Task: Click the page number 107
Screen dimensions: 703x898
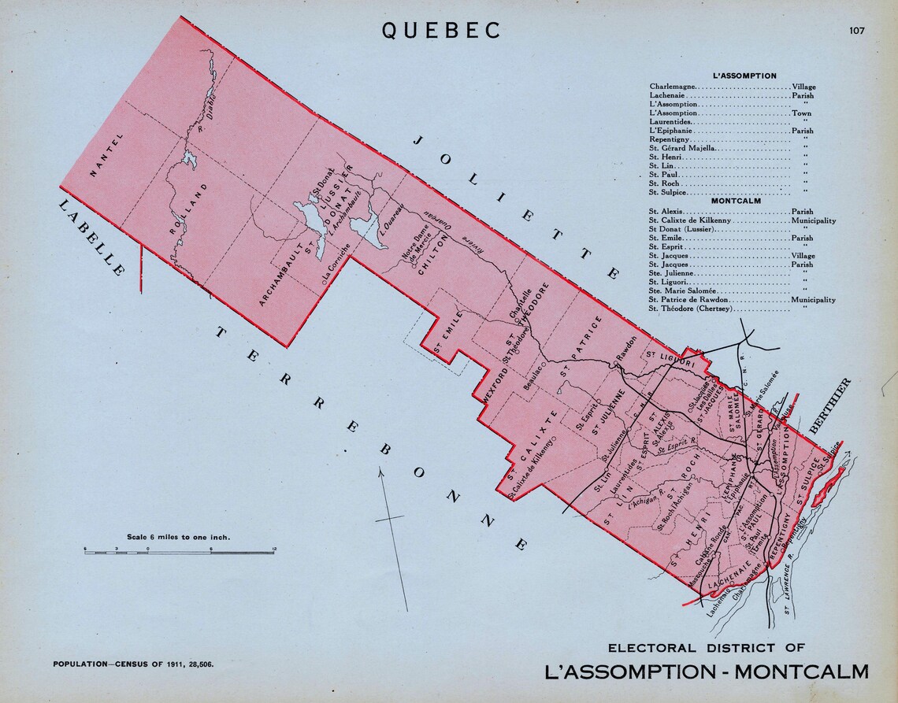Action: pyautogui.click(x=856, y=31)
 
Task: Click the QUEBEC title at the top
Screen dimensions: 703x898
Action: pyautogui.click(x=442, y=30)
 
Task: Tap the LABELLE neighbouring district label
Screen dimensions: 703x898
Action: pyautogui.click(x=90, y=236)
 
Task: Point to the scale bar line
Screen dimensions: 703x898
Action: pyautogui.click(x=179, y=552)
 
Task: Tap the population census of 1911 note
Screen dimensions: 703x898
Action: pyautogui.click(x=133, y=664)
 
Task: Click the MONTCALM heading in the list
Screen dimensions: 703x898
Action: pyautogui.click(x=735, y=201)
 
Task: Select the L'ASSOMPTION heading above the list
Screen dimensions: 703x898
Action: pyautogui.click(x=744, y=76)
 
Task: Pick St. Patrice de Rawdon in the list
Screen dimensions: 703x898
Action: pyautogui.click(x=688, y=300)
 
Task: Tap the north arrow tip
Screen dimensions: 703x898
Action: pyautogui.click(x=381, y=469)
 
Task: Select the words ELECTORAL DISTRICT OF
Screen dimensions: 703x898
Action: pyautogui.click(x=706, y=648)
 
